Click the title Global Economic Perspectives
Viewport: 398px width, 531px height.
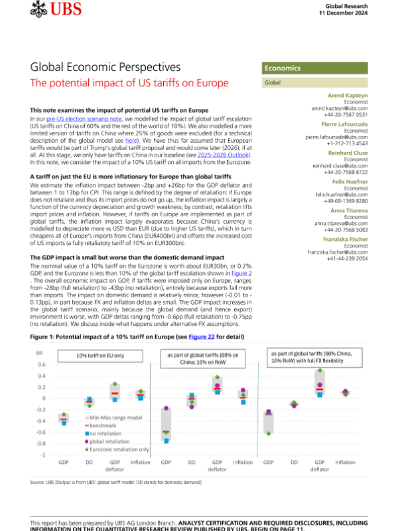[x=105, y=68]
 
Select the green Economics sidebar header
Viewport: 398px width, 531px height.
[x=282, y=68]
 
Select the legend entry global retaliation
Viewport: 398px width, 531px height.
[x=116, y=440]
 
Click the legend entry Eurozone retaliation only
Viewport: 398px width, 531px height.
[x=122, y=449]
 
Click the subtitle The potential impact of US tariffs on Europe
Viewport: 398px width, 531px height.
[x=129, y=83]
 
